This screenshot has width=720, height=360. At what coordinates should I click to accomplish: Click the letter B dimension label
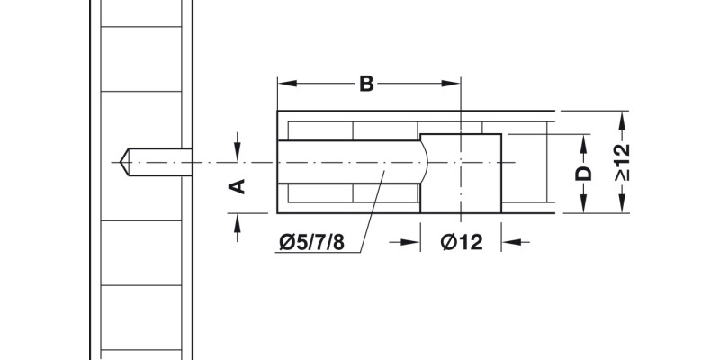click(366, 84)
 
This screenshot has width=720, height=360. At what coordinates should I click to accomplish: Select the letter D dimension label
click(583, 173)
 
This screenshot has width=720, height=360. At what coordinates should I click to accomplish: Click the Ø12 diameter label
click(462, 242)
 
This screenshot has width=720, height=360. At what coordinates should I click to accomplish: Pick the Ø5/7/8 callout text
click(312, 242)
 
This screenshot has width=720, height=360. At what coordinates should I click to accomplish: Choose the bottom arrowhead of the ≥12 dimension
click(622, 208)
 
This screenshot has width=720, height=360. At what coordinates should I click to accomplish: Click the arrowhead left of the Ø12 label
click(413, 242)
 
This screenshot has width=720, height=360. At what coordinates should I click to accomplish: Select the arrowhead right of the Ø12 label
click(509, 242)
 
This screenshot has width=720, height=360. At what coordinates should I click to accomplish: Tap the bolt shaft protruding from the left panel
click(162, 162)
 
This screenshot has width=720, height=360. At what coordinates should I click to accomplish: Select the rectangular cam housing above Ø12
click(461, 173)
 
